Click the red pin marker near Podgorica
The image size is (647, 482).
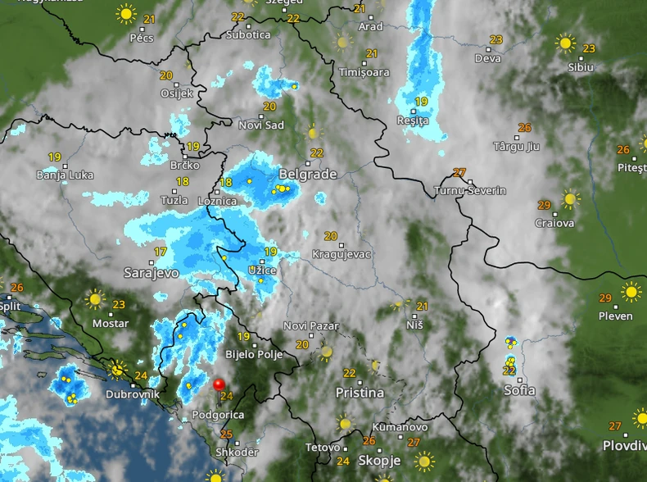[x=219, y=384]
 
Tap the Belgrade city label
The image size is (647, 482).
[x=308, y=174]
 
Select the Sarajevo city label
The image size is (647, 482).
[x=151, y=271]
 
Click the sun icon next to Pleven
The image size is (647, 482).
[x=631, y=292]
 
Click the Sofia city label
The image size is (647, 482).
[x=519, y=390]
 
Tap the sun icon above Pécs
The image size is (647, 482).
[x=125, y=13]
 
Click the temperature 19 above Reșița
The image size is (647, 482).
[x=421, y=102]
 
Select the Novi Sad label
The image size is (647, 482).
[x=260, y=125]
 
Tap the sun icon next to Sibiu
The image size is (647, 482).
[x=565, y=43]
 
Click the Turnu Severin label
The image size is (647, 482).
[x=470, y=190]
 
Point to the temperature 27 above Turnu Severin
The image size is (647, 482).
[x=459, y=173]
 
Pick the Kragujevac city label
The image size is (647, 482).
[x=342, y=254]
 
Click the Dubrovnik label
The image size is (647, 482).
[x=131, y=394]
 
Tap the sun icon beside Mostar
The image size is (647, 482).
[x=96, y=299]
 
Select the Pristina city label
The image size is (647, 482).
[x=360, y=393]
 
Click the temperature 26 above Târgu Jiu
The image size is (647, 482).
[x=525, y=128]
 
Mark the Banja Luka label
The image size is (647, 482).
[x=66, y=175]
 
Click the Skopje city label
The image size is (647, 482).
[x=379, y=460]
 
